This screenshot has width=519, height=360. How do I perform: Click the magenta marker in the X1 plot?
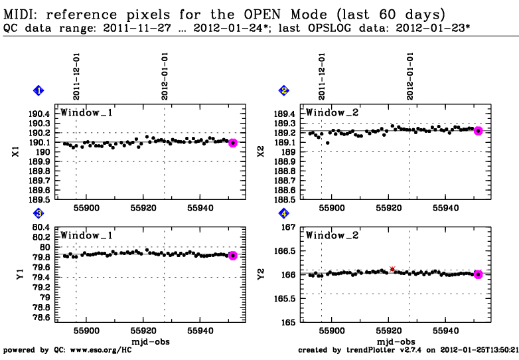232,143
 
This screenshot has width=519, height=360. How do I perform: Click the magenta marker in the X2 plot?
478,131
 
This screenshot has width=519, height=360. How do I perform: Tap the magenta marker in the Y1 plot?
232,256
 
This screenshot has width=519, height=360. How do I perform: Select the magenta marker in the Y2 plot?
478,274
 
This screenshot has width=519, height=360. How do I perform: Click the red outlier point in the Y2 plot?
392,269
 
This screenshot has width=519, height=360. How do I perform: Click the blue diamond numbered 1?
38,90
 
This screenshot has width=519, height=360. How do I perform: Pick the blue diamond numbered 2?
284,90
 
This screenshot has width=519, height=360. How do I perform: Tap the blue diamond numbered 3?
38,214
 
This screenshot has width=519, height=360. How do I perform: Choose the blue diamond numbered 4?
284,214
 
